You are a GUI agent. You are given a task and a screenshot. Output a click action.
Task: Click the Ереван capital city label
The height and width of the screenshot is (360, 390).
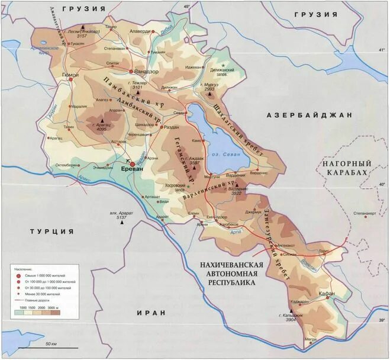(132, 169)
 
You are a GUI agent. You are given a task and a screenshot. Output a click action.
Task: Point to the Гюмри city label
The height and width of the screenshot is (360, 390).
(70, 75)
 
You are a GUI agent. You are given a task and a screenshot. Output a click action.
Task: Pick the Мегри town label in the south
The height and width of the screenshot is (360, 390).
(311, 339)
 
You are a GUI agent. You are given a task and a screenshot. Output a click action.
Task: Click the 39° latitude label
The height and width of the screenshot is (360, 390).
(381, 320)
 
